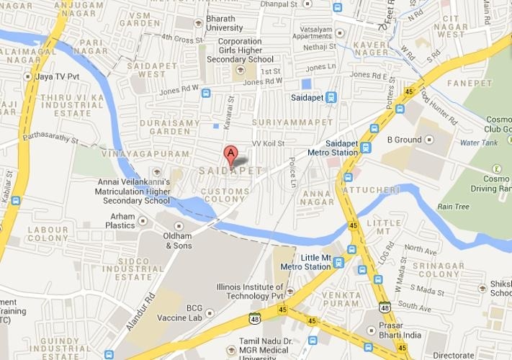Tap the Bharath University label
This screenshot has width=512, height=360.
(x=226, y=23)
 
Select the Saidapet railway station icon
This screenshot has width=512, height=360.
(x=331, y=97)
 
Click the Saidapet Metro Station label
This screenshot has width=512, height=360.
(x=332, y=148)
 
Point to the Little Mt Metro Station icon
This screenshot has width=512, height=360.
(x=338, y=264)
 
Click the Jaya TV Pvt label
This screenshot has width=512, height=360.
(x=56, y=76)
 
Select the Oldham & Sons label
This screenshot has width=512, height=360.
(x=179, y=240)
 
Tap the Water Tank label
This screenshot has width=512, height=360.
(x=478, y=143)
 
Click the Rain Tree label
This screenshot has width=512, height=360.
(x=453, y=207)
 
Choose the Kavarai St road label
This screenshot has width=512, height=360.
(x=229, y=114)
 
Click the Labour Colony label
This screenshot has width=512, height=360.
(x=48, y=233)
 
